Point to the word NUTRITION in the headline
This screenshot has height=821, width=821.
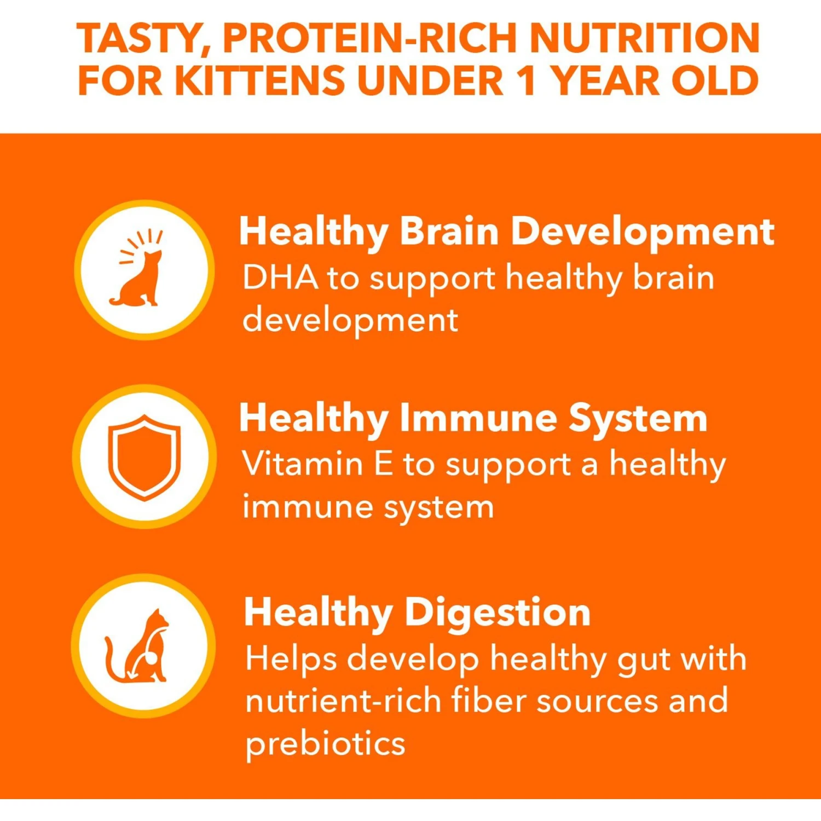645,38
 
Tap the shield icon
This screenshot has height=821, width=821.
144,458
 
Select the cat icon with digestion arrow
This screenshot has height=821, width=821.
137,646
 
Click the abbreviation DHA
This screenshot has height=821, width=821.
280,277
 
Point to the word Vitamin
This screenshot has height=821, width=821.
303,464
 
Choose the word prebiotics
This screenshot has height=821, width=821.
325,744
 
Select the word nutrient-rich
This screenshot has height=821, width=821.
343,700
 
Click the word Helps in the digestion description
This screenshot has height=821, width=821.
291,660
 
